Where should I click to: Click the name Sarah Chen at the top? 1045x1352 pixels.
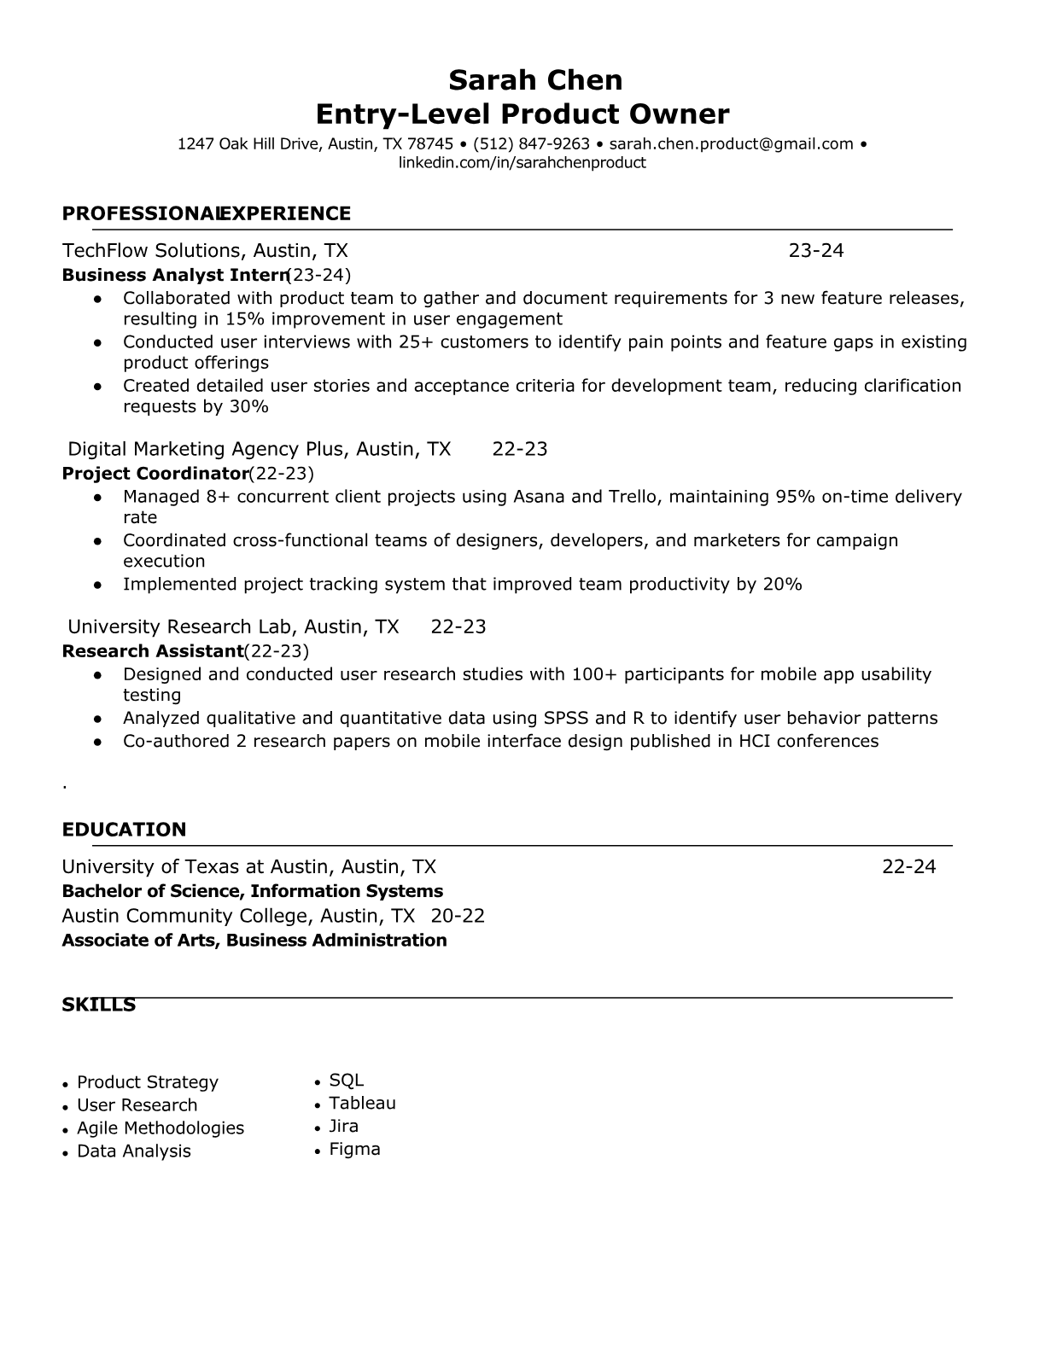535,80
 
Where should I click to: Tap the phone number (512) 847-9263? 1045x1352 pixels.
531,143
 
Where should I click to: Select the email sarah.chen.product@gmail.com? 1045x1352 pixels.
731,143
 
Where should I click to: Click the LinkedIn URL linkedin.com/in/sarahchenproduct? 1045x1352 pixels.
522,162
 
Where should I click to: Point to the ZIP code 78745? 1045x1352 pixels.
430,143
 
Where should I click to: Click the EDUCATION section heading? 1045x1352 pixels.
124,830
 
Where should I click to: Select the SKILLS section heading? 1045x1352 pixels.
98,1005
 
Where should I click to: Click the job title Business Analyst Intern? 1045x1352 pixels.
174,275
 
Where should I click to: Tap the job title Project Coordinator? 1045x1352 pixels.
155,474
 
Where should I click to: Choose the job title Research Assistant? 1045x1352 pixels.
153,651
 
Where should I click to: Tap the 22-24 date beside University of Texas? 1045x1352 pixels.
908,867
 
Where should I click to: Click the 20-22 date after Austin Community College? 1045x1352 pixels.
458,916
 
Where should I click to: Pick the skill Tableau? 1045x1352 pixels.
362,1103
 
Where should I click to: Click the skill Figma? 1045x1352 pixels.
354,1149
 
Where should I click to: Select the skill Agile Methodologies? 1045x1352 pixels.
161,1128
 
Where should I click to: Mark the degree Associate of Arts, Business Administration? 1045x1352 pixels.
254,941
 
